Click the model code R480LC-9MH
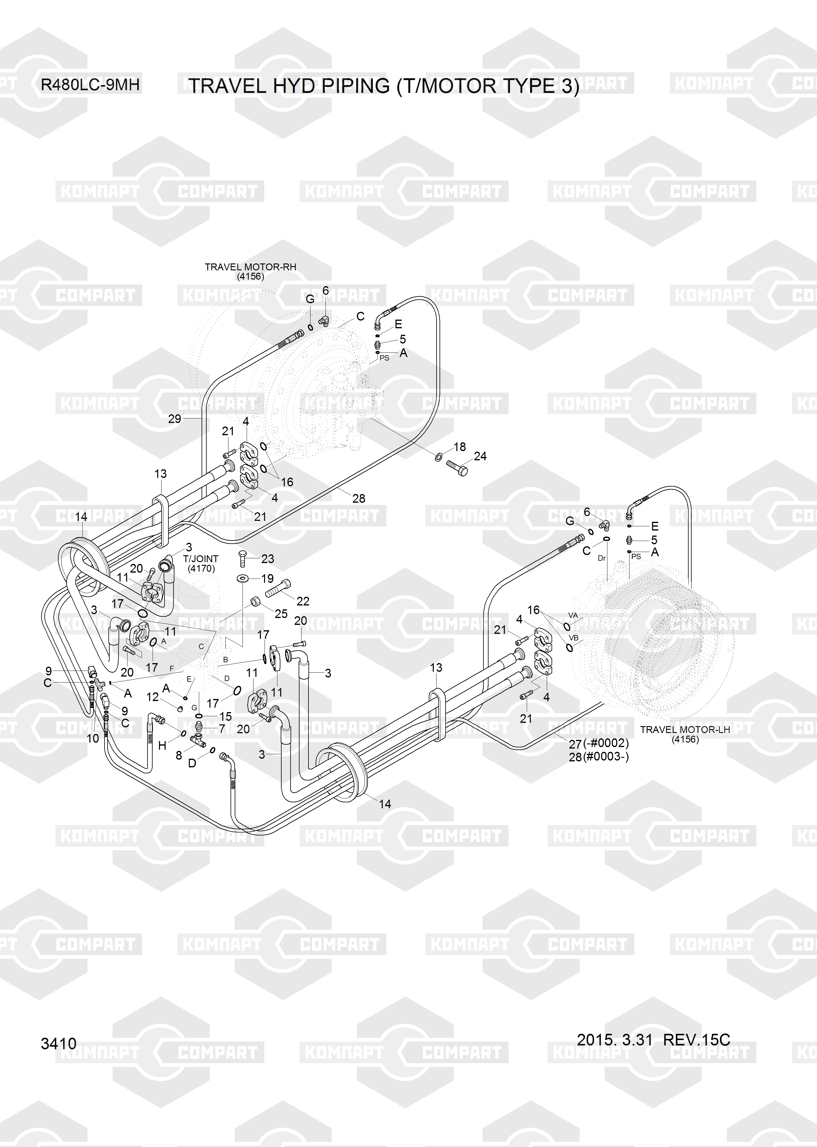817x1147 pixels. point(90,85)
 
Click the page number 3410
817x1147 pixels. point(58,1043)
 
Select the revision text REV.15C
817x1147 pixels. point(696,1039)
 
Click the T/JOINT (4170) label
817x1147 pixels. point(201,563)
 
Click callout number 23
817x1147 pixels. point(268,559)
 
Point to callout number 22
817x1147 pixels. point(303,601)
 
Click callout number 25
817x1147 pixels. point(281,614)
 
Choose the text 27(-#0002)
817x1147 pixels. point(599,743)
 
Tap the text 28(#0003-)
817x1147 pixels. point(599,757)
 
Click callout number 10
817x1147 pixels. point(93,738)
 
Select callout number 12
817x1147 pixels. point(152,697)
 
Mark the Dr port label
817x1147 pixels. point(602,558)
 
